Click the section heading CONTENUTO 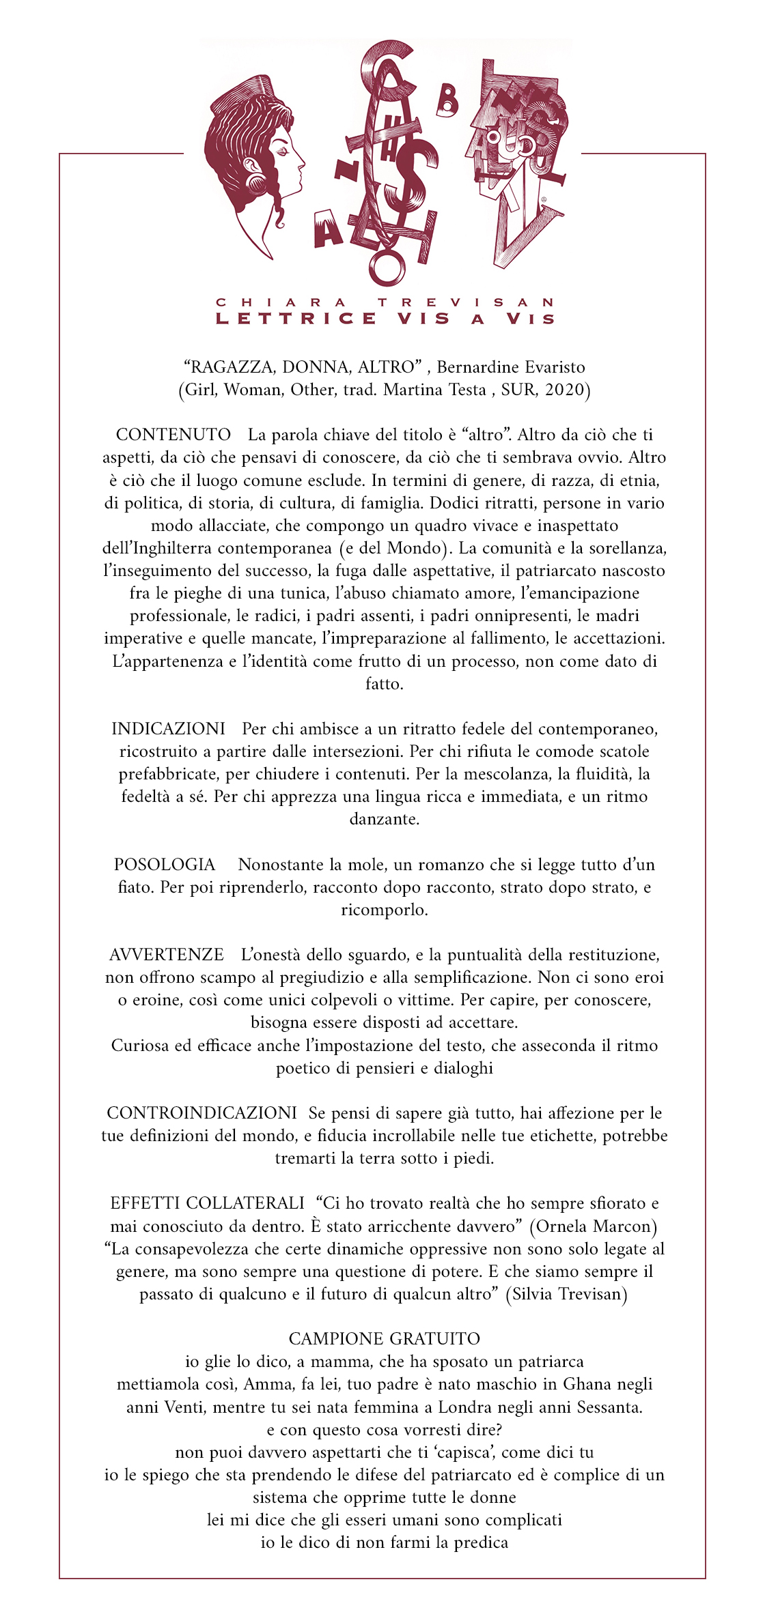point(173,435)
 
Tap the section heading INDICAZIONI point(168,729)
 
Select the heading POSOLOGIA point(165,865)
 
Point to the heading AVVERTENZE point(167,955)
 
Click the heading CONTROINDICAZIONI point(201,1113)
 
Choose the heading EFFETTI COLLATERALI point(207,1203)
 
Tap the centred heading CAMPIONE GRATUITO point(384,1338)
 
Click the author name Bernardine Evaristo point(511,367)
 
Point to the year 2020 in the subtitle point(565,390)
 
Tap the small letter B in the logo point(447,103)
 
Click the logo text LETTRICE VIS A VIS point(385,319)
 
